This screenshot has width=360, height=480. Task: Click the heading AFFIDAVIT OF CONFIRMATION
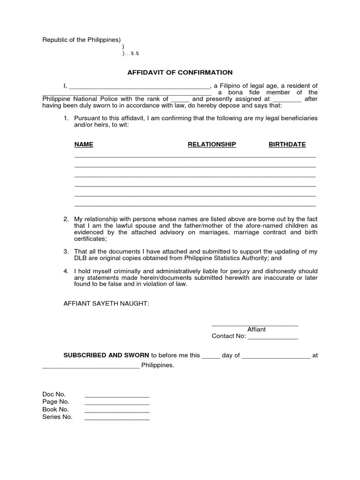click(180, 73)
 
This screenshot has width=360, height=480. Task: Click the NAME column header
click(84, 144)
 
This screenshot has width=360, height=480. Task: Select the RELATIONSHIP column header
click(211, 144)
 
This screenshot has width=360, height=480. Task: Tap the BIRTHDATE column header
click(287, 144)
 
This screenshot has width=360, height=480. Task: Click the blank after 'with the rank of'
click(180, 100)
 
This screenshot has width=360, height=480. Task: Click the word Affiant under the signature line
click(256, 330)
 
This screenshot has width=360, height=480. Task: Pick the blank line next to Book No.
click(117, 411)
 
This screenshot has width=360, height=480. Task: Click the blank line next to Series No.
click(117, 419)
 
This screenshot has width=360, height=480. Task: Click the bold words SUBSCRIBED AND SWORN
click(106, 355)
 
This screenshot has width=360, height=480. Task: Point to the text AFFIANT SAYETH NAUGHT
click(106, 304)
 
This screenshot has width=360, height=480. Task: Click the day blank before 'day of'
click(211, 357)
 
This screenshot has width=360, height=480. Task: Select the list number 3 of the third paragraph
click(66, 252)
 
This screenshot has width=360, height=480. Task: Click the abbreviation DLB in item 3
click(81, 258)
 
